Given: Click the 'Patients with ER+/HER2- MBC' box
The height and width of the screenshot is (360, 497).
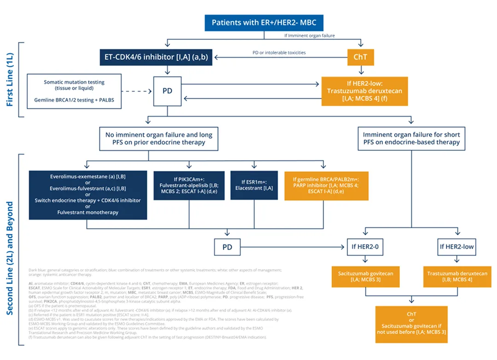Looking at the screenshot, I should (264, 23).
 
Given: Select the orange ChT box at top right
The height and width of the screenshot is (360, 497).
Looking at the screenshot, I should (360, 58).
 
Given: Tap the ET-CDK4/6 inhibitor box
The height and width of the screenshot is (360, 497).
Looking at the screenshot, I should (156, 58).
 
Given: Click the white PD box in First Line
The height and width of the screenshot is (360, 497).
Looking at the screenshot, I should (167, 91).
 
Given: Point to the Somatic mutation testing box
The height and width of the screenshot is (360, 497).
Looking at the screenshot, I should (74, 91).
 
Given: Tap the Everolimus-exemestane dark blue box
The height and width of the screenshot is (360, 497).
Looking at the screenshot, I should (88, 195).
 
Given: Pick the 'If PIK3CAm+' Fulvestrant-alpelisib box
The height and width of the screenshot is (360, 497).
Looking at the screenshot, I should (189, 185).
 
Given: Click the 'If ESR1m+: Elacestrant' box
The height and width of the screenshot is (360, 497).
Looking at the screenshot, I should (254, 185).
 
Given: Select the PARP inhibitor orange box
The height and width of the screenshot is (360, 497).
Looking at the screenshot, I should (326, 185).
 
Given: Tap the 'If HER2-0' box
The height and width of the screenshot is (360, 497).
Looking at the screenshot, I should (365, 247).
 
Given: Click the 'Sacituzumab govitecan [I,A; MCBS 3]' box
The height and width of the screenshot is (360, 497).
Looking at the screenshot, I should (365, 277).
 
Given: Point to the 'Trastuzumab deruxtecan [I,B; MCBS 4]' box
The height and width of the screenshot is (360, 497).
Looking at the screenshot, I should (457, 277).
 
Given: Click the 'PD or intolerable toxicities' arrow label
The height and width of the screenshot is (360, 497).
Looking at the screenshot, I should (279, 53).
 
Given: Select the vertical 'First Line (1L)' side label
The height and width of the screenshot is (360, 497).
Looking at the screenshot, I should (10, 79).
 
